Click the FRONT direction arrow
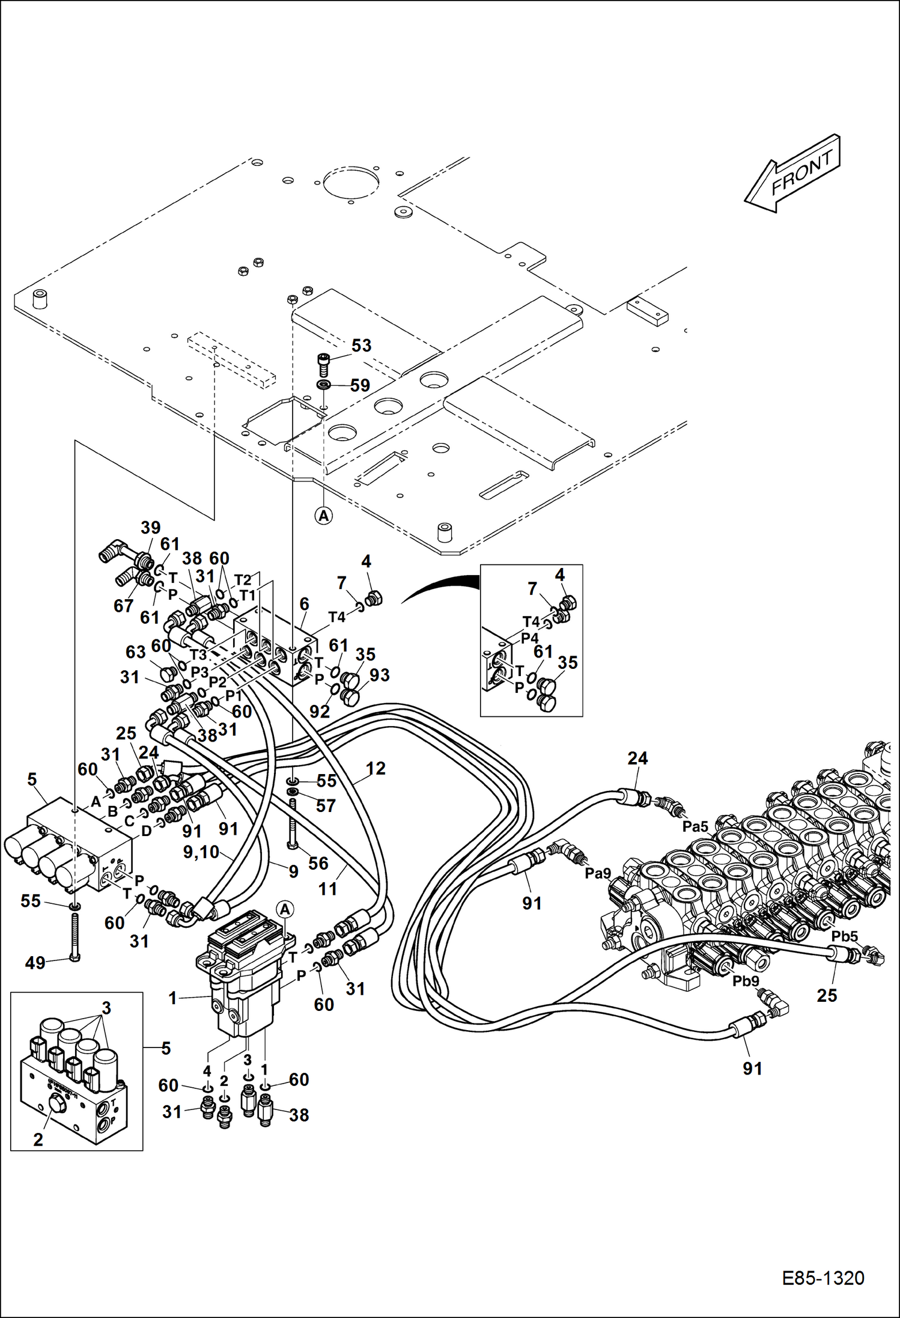coord(793,174)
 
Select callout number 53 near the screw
coord(361,346)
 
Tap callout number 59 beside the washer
coord(360,385)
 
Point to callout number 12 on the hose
coord(376,768)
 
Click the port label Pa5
coord(695,827)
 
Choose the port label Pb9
coord(746,981)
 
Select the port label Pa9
coord(598,873)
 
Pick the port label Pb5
coord(845,936)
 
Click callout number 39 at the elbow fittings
coord(150,528)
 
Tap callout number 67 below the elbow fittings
coord(123,606)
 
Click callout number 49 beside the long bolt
coord(35,963)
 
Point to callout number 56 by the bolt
coord(318,863)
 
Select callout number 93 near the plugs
coord(379,675)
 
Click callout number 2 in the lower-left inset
coord(38,1140)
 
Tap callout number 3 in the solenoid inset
coord(106,1008)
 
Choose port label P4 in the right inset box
coord(529,638)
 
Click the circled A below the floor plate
coord(324,516)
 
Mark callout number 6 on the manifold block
coord(304,604)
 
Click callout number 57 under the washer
coord(326,805)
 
